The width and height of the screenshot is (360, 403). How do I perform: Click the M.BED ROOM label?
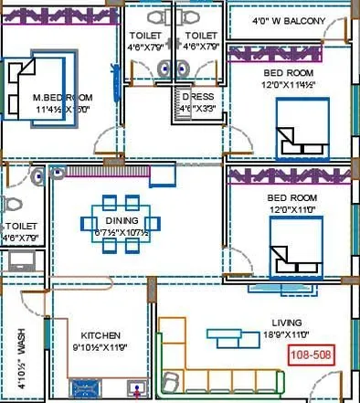click(x=61, y=98)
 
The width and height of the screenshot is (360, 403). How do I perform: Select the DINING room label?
click(x=122, y=220)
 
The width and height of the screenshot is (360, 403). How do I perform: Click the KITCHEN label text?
click(x=101, y=335)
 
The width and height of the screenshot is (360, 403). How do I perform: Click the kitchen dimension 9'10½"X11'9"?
click(x=101, y=348)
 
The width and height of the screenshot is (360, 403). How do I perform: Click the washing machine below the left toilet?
click(x=22, y=261)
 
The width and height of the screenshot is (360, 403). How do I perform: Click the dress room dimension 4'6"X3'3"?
click(x=197, y=108)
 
